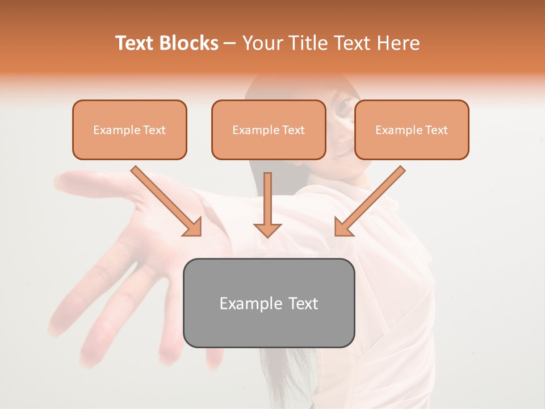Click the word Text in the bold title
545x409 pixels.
136,43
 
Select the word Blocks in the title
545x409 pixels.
189,43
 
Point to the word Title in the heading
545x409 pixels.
310,43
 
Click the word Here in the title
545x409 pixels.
399,43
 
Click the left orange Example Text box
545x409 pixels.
129,130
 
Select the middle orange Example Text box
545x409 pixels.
269,130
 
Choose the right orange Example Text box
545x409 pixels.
412,130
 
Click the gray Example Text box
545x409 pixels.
269,303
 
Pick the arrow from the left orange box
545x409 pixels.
165,199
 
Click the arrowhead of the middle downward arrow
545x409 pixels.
267,229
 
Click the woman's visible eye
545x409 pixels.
345,106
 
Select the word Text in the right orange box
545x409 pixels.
436,130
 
